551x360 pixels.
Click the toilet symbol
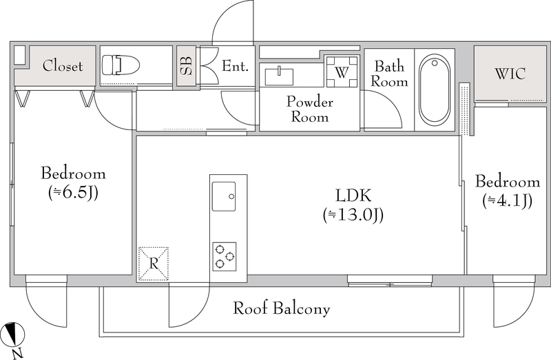coord(121,65)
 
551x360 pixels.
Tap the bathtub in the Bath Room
coord(435,89)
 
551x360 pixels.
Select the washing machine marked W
coord(342,72)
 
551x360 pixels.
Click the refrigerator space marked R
coord(154,264)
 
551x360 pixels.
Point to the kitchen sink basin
coord(223,196)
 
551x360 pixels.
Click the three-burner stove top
coord(225,256)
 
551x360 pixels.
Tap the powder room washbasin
coord(279,76)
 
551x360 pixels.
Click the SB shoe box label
coord(186,65)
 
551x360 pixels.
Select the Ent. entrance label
coord(235,65)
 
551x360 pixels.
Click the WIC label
coord(510,74)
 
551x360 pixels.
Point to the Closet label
coord(63,65)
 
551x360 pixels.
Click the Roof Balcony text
coord(282,308)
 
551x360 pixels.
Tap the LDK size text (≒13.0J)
coord(353,215)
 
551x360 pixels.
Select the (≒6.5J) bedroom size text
coord(73,193)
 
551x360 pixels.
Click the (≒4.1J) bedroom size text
coord(508,200)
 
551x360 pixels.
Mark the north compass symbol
coord(12,333)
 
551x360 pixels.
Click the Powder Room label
coord(309,109)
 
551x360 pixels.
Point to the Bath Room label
coord(389,74)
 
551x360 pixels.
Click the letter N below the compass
coord(17,353)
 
